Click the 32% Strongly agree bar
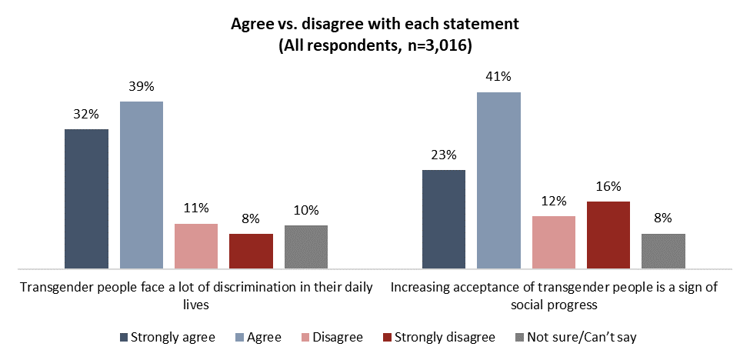pos(86,199)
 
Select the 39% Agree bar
pos(142,185)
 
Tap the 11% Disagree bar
pos(196,246)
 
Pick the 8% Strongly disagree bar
pos(251,252)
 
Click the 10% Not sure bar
pos(306,247)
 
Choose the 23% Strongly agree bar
pos(444,219)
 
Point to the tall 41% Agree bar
pos(498,181)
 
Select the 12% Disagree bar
pos(554,242)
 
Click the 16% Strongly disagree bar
pos(608,235)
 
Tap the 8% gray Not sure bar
pos(663,252)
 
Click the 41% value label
pos(498,77)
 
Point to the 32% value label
pos(86,114)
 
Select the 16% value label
pos(608,186)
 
